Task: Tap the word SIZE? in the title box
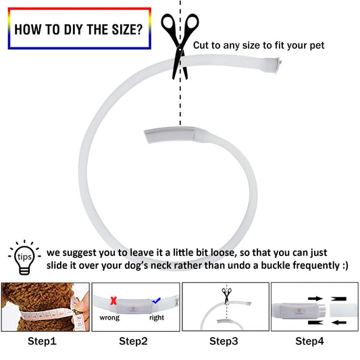127,30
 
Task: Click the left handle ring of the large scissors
170,22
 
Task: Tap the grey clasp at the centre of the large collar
170,135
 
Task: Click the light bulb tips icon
24,257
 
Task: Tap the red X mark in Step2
113,301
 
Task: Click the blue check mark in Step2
156,301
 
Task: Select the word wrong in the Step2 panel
109,317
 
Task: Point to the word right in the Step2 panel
157,317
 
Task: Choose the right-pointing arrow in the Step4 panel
315,299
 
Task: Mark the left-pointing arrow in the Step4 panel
339,323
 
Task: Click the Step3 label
224,341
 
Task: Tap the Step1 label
42,341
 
